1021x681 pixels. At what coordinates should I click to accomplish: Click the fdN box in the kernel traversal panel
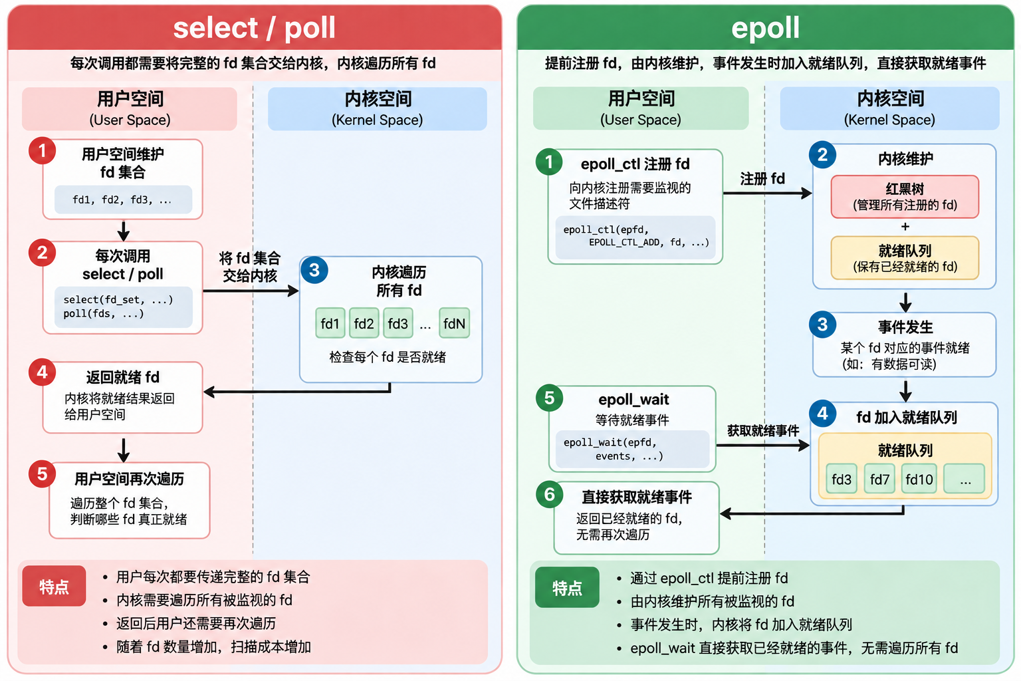[454, 323]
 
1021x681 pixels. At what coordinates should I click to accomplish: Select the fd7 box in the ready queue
[879, 478]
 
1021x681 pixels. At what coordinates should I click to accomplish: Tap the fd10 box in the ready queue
[919, 478]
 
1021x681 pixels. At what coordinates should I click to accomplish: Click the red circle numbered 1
[43, 150]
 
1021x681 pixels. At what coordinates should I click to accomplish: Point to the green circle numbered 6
[549, 494]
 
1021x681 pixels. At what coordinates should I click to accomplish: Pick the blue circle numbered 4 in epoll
[822, 413]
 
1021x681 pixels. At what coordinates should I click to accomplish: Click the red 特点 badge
[54, 586]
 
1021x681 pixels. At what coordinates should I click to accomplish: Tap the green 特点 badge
[567, 587]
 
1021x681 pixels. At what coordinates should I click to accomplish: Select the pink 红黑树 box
[905, 197]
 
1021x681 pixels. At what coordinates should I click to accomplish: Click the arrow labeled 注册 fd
[767, 194]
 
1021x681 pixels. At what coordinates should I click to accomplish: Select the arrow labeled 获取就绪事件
[762, 445]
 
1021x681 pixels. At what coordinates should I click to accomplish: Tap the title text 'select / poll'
[255, 28]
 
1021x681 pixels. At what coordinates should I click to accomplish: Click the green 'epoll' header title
[765, 28]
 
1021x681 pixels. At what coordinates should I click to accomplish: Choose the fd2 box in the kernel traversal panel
[364, 323]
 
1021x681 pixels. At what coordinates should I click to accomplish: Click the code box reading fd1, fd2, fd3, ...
[123, 200]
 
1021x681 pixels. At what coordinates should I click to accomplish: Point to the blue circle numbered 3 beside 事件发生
[822, 325]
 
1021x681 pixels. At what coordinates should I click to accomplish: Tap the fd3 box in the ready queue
[842, 478]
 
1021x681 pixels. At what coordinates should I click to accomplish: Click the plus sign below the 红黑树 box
[905, 227]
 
